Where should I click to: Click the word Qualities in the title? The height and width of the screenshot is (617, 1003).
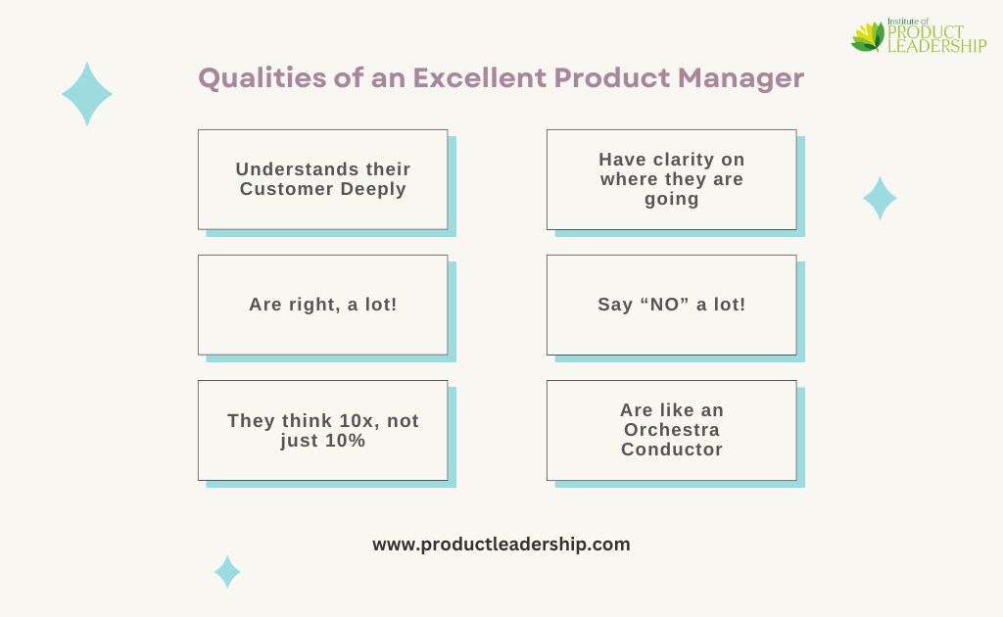(x=263, y=78)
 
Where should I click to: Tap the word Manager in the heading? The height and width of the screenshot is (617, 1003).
(x=740, y=78)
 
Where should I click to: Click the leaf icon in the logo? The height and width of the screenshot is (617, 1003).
(x=868, y=36)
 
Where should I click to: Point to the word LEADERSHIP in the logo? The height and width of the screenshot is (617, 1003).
(x=937, y=45)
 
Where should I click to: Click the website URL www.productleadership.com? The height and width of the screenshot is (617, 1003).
(x=501, y=545)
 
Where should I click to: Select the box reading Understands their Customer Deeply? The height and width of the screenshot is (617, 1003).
(x=323, y=179)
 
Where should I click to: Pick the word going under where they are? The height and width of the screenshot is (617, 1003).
(x=672, y=200)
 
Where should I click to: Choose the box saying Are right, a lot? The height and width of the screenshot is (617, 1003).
(x=323, y=305)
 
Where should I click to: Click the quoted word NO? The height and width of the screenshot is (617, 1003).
(x=665, y=305)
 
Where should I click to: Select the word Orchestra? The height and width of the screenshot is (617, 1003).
(x=672, y=430)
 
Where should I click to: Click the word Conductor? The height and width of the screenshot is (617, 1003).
(x=672, y=450)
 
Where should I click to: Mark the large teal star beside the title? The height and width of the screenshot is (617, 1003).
(x=87, y=94)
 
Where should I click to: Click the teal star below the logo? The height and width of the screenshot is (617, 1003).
(x=880, y=198)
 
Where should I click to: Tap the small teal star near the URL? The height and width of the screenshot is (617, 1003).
(x=227, y=572)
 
